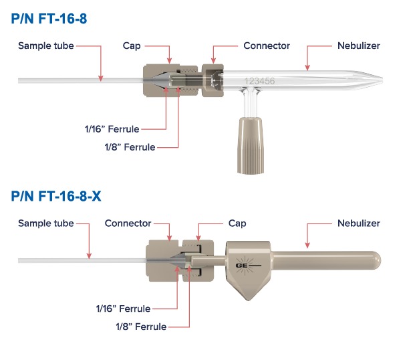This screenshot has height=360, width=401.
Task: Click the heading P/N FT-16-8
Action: [x=49, y=19]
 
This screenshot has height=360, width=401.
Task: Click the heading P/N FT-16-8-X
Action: [x=56, y=197]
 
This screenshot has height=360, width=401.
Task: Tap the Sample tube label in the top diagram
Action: [x=45, y=46]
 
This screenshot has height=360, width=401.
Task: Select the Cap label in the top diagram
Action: [x=131, y=46]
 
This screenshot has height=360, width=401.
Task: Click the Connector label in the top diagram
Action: [x=267, y=46]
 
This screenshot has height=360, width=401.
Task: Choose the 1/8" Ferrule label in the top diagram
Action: [x=130, y=147]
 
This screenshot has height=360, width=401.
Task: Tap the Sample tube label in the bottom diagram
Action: [x=45, y=223]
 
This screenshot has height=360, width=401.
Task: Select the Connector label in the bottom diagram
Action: [x=128, y=223]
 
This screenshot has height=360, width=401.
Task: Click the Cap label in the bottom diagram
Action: [x=237, y=223]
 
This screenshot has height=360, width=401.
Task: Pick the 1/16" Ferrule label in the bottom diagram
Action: [x=124, y=308]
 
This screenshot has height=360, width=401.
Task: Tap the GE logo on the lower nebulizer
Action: [x=244, y=264]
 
